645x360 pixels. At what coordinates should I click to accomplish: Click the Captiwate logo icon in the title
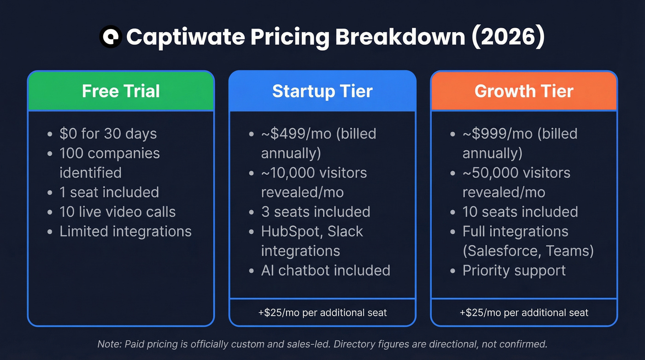point(111,37)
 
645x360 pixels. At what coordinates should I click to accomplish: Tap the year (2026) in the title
point(508,37)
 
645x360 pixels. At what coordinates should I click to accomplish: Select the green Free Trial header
point(121,91)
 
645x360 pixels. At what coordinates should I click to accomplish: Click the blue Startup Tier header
point(322,91)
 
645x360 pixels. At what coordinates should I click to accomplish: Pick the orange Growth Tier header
point(524,91)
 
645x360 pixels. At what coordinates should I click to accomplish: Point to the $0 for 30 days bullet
point(108,134)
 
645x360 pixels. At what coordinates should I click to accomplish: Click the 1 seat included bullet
point(109,192)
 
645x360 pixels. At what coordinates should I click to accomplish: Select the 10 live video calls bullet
point(117,212)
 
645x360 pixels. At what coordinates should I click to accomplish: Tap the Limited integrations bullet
point(125,231)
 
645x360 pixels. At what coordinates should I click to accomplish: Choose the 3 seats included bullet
point(316,212)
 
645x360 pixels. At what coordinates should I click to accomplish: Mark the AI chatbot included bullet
point(325,271)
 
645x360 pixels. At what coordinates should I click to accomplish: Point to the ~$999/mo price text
point(491,134)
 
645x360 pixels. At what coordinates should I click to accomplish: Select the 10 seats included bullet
point(520,212)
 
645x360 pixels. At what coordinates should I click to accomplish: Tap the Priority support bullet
point(514,271)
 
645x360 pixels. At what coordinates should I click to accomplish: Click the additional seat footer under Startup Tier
point(322,313)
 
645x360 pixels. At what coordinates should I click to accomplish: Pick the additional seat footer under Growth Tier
point(524,313)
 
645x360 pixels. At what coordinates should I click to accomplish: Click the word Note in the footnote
point(106,344)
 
